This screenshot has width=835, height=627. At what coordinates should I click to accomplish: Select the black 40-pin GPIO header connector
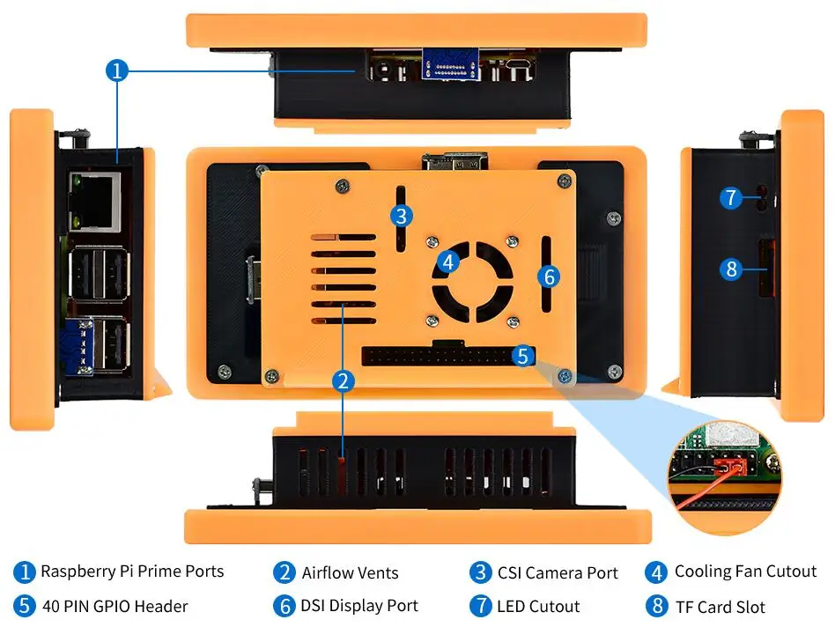tap(436, 356)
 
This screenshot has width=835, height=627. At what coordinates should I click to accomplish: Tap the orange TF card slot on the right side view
tap(763, 268)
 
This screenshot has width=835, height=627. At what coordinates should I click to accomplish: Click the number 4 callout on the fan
tap(449, 262)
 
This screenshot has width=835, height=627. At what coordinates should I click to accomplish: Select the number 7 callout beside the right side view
tap(730, 197)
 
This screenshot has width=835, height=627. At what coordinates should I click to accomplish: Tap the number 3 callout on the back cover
tap(401, 215)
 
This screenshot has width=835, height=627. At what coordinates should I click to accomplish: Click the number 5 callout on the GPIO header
tap(522, 356)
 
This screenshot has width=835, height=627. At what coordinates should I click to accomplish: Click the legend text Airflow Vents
tap(350, 573)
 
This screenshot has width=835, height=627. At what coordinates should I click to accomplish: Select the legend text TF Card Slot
tap(720, 607)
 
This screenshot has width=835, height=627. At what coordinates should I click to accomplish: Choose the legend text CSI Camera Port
tap(558, 573)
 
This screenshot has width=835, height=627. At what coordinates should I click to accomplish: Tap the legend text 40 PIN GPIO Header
tap(115, 606)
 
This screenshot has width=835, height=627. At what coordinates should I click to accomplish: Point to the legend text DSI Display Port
tap(358, 606)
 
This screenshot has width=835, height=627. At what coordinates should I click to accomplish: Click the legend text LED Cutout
tap(538, 607)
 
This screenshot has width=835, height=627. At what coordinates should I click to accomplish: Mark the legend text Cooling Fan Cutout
tap(745, 572)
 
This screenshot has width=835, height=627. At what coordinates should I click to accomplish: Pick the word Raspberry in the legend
tap(78, 572)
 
